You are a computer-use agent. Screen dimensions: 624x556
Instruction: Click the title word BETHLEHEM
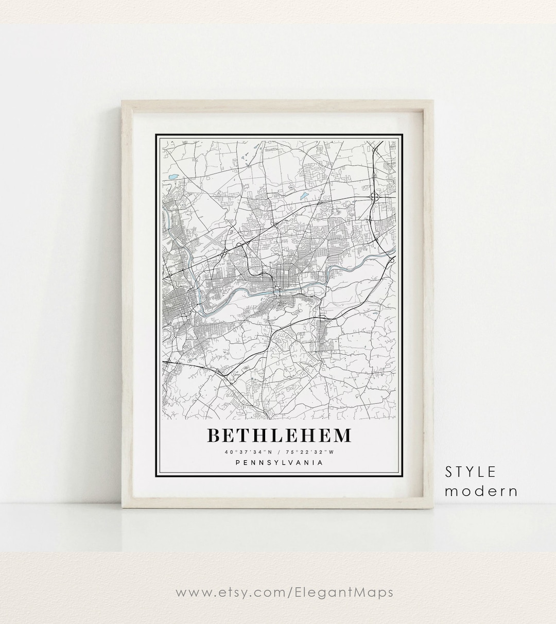tap(279, 436)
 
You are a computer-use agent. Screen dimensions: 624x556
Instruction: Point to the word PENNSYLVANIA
tap(279, 462)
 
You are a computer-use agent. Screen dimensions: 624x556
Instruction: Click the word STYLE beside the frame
tap(471, 472)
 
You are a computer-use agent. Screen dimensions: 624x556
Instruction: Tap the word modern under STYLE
tap(481, 491)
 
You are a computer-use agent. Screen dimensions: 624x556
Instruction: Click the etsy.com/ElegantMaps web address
tap(285, 592)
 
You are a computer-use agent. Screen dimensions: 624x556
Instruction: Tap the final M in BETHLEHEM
tap(342, 436)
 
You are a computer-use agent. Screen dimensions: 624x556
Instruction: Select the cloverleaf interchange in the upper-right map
tap(374, 197)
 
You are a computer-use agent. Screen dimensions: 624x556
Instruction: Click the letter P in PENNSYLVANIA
tap(237, 462)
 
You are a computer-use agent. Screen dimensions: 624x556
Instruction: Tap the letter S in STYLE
tap(448, 472)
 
